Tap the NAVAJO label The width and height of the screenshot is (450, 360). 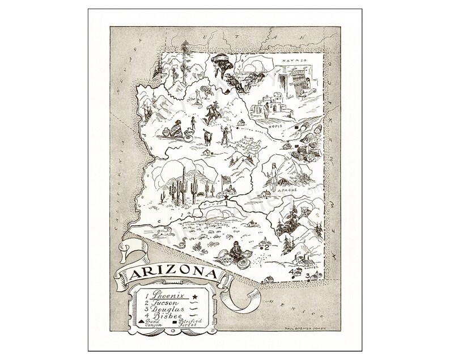pyautogui.click(x=294, y=59)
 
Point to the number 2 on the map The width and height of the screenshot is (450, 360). pyautogui.click(x=265, y=247)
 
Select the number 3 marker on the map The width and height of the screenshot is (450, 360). pyautogui.click(x=308, y=276)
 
